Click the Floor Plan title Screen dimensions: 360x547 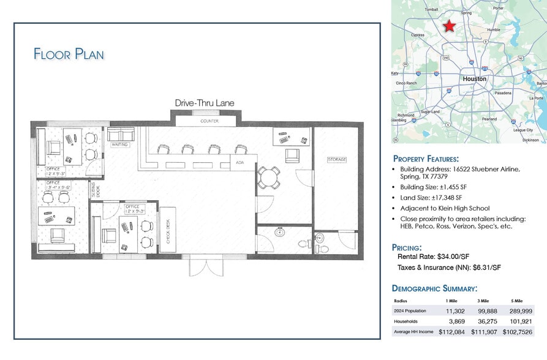(69, 54)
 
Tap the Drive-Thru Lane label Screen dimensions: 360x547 (205, 103)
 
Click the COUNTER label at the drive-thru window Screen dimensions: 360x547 (209, 121)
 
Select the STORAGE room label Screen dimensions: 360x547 (337, 160)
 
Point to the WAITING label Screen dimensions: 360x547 (119, 145)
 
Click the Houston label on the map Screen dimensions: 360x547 (474, 79)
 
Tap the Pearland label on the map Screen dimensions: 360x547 (489, 119)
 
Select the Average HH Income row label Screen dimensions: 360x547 (413, 331)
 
